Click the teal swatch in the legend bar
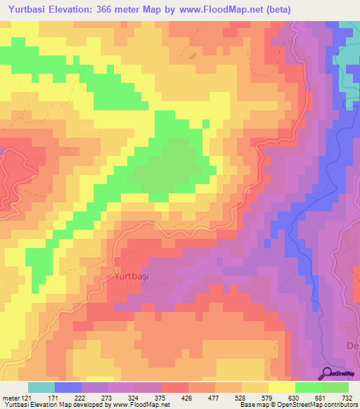(x=41, y=387)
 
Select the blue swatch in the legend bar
(x=68, y=387)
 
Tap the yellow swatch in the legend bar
(x=282, y=387)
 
